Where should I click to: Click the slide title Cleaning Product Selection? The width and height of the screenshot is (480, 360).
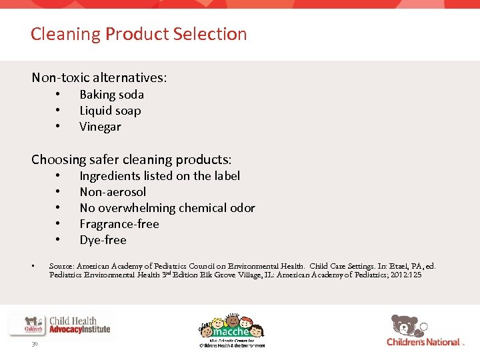139,34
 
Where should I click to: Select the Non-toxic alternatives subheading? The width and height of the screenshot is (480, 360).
99,77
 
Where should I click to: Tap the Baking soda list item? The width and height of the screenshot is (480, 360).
111,95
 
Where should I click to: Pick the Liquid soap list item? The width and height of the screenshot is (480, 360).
110,111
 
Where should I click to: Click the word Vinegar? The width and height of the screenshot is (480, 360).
100,127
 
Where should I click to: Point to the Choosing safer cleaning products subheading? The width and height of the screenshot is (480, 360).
131,159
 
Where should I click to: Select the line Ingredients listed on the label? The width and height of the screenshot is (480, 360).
159,176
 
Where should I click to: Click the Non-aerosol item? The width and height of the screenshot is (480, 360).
113,192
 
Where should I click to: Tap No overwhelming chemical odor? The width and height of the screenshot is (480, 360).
167,208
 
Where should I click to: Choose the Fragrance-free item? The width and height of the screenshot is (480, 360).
119,224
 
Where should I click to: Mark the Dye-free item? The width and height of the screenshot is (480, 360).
103,240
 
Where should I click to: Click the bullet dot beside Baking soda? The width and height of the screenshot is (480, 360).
59,95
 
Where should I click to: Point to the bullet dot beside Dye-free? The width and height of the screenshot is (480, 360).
59,240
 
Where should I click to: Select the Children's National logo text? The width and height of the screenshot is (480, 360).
423,342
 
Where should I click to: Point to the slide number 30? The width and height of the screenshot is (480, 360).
34,345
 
